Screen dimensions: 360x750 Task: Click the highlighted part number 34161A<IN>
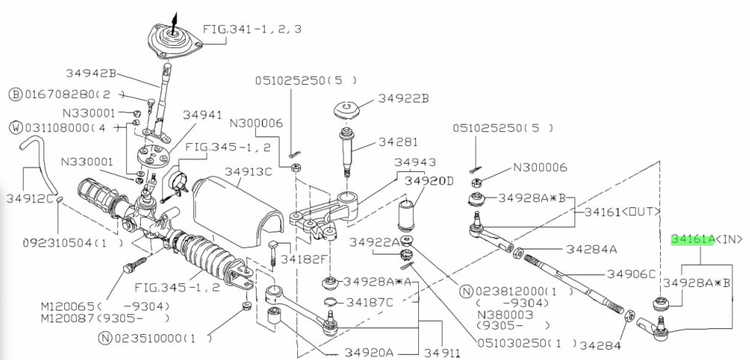point(706,239)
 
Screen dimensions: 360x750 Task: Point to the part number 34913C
point(249,172)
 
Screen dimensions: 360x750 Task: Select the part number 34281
point(398,142)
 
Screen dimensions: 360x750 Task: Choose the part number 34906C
point(631,274)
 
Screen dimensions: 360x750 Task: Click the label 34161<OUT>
point(622,212)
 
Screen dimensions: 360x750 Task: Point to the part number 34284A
point(591,249)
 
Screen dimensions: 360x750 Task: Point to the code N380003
point(504,314)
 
